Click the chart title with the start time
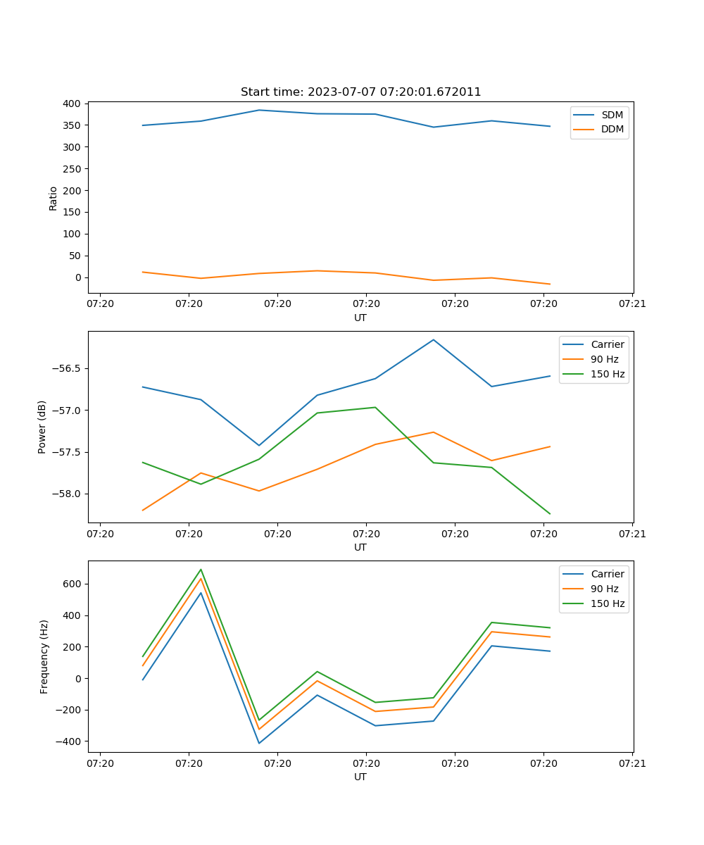click(x=360, y=92)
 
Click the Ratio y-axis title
click(x=54, y=198)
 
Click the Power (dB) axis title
click(x=42, y=427)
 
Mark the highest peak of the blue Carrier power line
click(x=434, y=339)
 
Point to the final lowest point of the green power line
click(x=550, y=514)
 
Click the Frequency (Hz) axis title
click(x=44, y=656)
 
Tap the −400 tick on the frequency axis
click(x=70, y=741)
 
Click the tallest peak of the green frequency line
click(x=201, y=569)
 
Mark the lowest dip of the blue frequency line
click(x=259, y=744)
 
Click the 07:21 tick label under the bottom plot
click(x=632, y=763)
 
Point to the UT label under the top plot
click(x=360, y=318)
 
